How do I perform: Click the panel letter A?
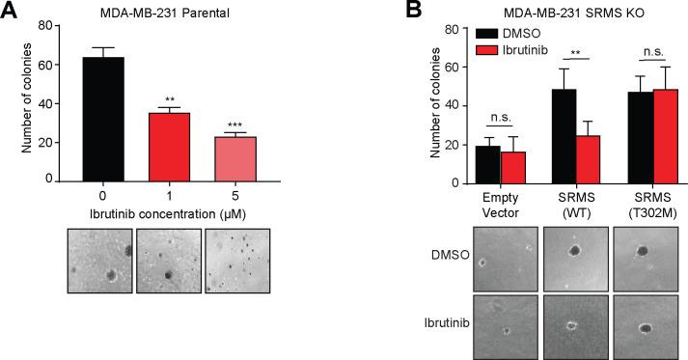12,12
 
